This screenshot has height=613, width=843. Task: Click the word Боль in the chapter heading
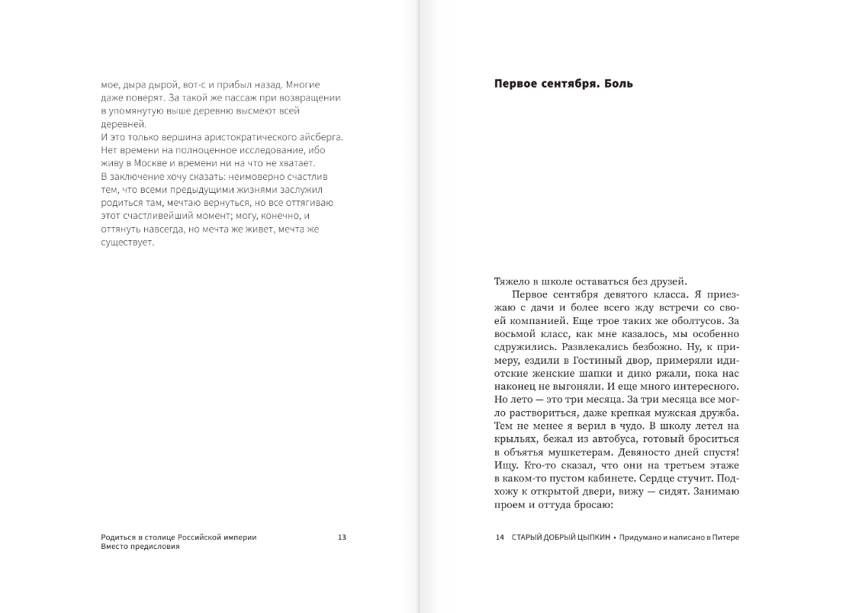pos(619,84)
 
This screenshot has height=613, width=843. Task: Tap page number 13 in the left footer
pos(342,538)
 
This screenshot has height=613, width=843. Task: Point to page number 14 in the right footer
pos(500,538)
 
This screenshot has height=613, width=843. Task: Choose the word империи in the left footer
pos(240,538)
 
